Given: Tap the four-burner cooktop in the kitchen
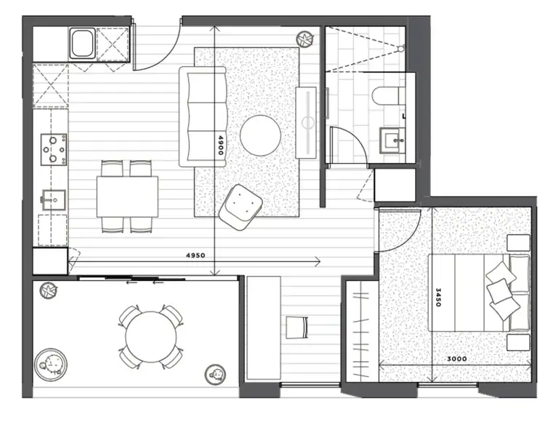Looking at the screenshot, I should (x=53, y=149).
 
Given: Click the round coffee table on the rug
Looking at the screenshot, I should (x=261, y=135).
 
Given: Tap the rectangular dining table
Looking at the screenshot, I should (x=127, y=196).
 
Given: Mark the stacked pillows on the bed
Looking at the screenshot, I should (x=499, y=289).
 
